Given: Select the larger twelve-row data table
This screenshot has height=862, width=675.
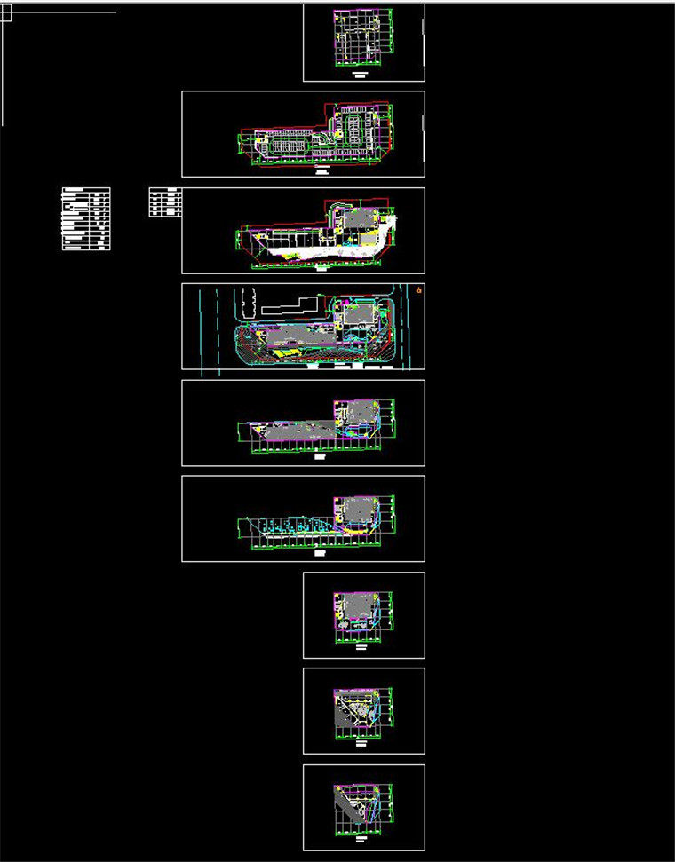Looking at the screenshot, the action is [86, 219].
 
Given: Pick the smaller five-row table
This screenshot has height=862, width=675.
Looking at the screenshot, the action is [165, 202].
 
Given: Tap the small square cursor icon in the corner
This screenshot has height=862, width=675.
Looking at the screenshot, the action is [6, 12].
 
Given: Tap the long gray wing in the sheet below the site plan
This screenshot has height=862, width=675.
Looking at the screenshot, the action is [293, 431].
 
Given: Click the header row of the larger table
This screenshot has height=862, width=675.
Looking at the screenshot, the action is [86, 190].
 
